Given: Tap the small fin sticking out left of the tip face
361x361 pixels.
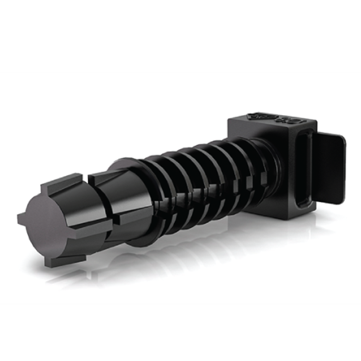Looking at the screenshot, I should [21, 218].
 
